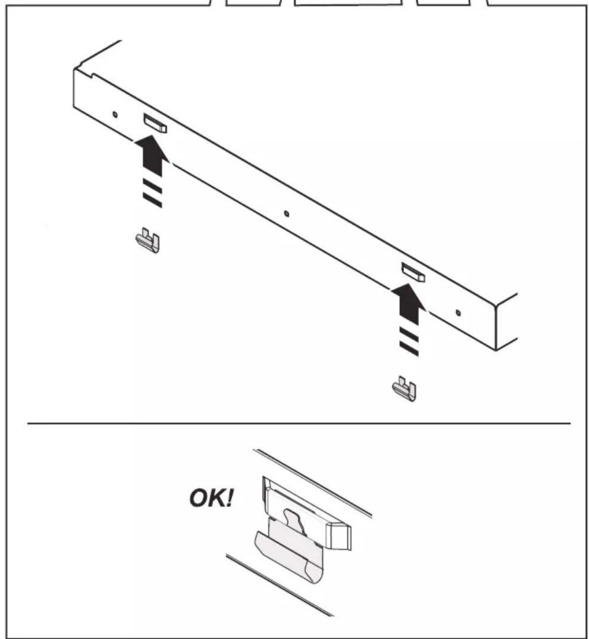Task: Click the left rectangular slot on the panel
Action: (155, 123)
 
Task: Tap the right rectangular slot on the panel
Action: (413, 272)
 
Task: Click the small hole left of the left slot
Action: (115, 115)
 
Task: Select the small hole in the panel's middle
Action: (286, 214)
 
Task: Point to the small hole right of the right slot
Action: (458, 313)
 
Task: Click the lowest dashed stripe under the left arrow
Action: (152, 200)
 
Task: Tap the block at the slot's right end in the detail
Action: (339, 536)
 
